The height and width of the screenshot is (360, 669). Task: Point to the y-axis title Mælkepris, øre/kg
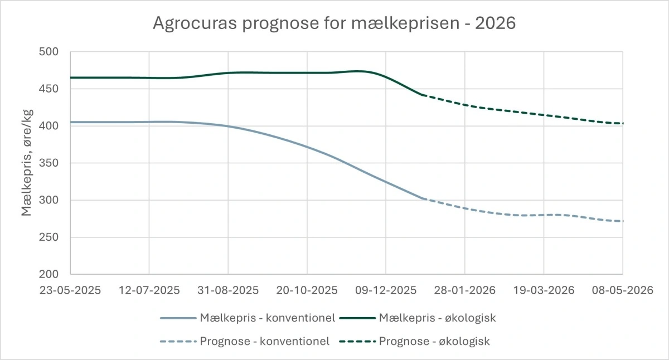pyautogui.click(x=27, y=163)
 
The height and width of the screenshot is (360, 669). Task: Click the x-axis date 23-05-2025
pyautogui.click(x=70, y=290)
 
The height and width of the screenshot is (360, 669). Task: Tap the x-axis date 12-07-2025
pyautogui.click(x=149, y=290)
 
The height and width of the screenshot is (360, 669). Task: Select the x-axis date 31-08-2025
pyautogui.click(x=228, y=290)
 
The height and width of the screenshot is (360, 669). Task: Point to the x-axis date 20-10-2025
pyautogui.click(x=307, y=290)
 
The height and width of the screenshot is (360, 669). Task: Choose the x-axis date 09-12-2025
pyautogui.click(x=386, y=290)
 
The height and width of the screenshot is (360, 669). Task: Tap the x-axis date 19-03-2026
pyautogui.click(x=544, y=290)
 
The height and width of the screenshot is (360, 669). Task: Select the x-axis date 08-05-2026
pyautogui.click(x=622, y=290)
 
